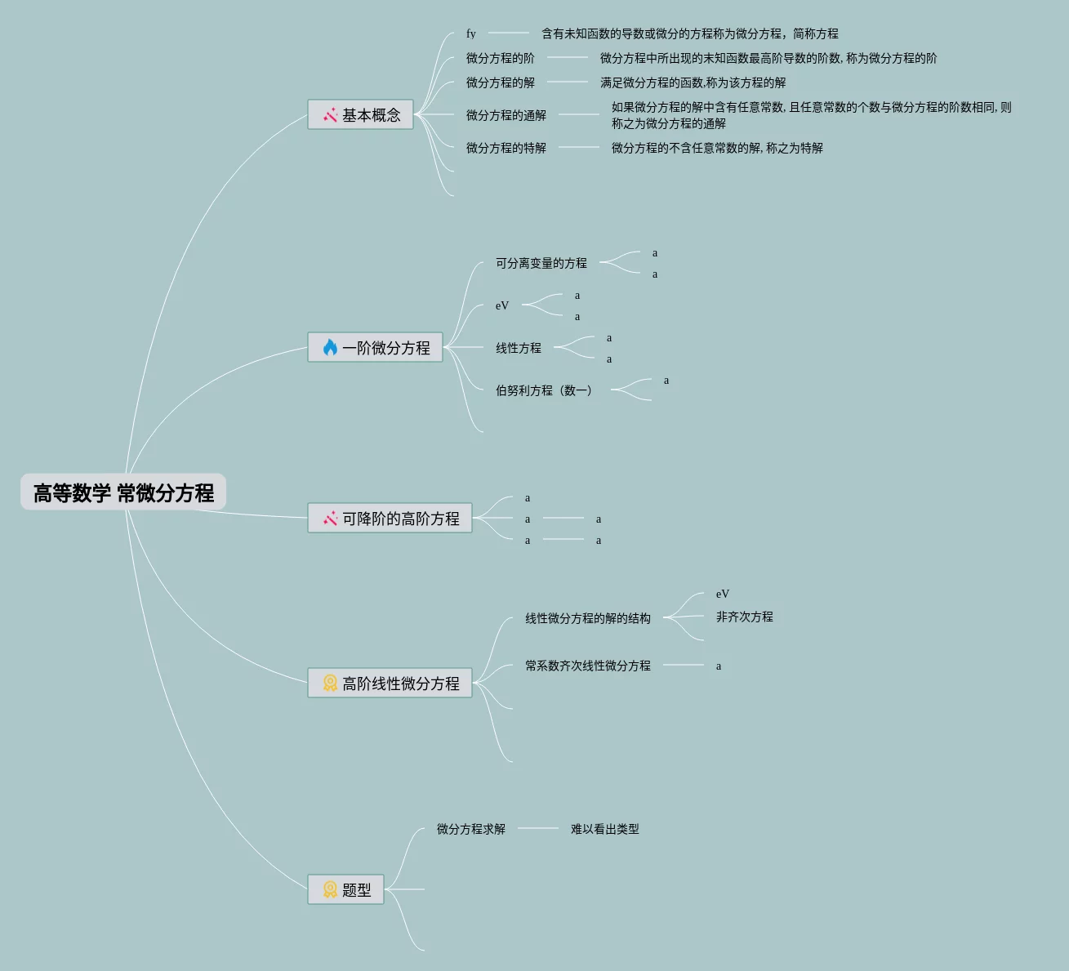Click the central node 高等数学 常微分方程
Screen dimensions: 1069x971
123,492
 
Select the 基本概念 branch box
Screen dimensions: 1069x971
360,115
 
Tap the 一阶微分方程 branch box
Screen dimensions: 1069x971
375,348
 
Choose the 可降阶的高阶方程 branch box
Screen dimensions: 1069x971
390,519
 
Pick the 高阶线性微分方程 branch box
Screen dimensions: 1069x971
390,684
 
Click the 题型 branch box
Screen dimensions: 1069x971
345,889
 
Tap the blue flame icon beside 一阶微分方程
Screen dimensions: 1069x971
330,348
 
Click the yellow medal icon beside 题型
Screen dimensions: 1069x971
330,889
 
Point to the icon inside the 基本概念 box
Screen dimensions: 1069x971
330,115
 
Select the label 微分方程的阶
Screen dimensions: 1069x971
500,58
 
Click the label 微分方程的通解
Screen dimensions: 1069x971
506,115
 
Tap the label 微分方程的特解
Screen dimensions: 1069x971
506,148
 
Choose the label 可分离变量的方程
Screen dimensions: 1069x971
541,263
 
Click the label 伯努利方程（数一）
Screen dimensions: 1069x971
544,390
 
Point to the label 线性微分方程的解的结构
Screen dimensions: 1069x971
587,618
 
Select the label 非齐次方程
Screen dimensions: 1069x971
744,617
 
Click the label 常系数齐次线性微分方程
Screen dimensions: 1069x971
587,666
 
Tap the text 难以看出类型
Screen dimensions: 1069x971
604,829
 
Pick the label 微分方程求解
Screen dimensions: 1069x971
470,829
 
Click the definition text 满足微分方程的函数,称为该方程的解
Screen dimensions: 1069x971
693,82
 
